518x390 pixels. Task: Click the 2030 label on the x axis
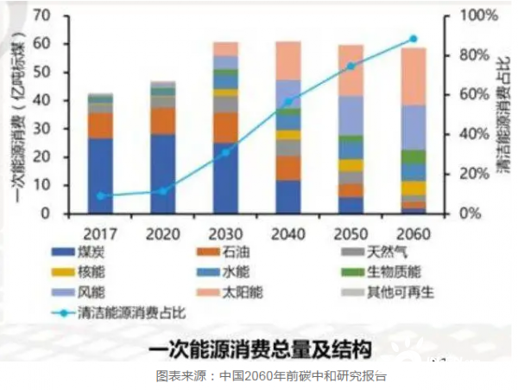226,233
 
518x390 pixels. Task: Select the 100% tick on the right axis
476,16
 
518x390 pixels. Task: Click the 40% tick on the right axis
473,134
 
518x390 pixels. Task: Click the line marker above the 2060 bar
413,39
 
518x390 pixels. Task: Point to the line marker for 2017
101,196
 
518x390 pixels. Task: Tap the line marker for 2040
288,102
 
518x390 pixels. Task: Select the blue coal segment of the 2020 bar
163,173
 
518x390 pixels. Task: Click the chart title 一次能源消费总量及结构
260,349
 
